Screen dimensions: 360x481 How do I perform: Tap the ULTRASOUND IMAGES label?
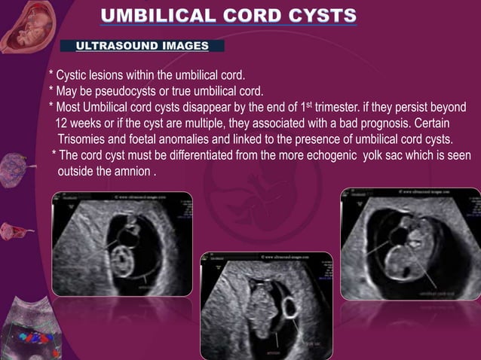pyautogui.click(x=142, y=46)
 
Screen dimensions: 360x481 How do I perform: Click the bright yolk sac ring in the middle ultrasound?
pyautogui.click(x=290, y=308)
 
